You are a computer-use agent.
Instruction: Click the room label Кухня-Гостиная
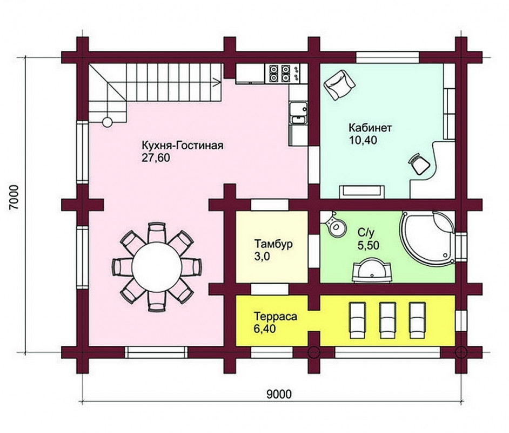click(183, 145)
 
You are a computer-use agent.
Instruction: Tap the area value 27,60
click(156, 158)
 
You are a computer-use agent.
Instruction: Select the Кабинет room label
click(370, 128)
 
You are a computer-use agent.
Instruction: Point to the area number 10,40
click(363, 140)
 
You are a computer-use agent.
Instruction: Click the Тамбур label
click(273, 244)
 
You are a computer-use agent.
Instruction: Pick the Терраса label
click(275, 316)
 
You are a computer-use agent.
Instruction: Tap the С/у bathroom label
click(366, 232)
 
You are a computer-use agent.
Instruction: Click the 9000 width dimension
click(279, 395)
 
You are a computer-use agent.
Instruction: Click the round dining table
click(157, 266)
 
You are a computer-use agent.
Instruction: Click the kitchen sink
click(298, 113)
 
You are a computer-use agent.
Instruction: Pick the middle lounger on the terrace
click(387, 321)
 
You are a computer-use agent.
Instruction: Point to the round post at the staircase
click(108, 122)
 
